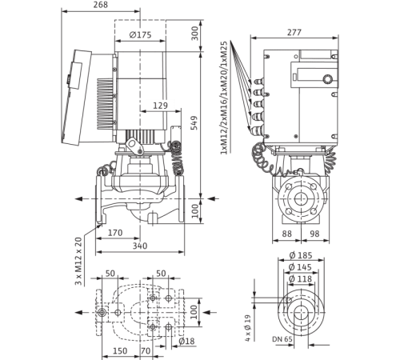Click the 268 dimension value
tap(101, 5)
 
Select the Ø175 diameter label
tap(140, 35)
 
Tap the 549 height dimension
tap(195, 122)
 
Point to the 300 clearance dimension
tap(195, 33)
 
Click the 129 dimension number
tap(160, 106)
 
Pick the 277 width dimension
tap(294, 32)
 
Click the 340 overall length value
tap(140, 246)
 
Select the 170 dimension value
tap(115, 233)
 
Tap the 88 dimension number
tap(286, 234)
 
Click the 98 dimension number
tap(314, 234)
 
